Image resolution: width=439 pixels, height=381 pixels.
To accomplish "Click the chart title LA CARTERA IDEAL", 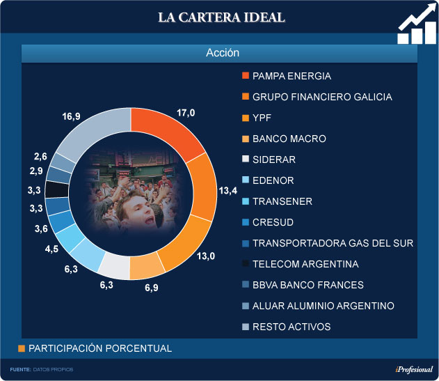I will (221, 17).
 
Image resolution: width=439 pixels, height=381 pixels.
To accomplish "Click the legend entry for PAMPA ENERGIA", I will (292, 76).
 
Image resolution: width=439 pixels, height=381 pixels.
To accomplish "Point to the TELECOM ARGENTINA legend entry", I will (305, 264).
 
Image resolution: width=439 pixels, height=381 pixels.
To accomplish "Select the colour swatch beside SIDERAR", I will (245, 160).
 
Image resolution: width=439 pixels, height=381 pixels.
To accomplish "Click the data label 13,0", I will (206, 256).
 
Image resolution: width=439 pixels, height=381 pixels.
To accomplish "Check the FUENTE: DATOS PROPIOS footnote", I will (41, 369).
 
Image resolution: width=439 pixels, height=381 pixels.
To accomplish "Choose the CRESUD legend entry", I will (273, 222).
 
